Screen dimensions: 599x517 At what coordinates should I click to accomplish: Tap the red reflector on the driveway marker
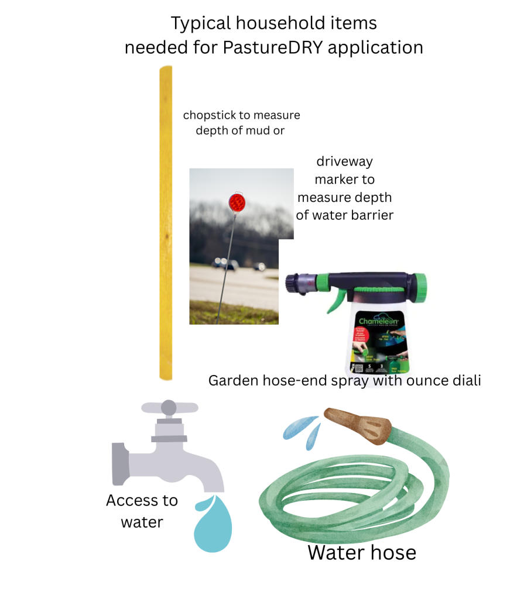pyautogui.click(x=237, y=203)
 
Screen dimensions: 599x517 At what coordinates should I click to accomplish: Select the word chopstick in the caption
pyautogui.click(x=211, y=115)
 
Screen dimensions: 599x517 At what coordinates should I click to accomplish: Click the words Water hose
pyautogui.click(x=361, y=552)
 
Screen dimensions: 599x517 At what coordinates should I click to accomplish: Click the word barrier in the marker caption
pyautogui.click(x=372, y=215)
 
